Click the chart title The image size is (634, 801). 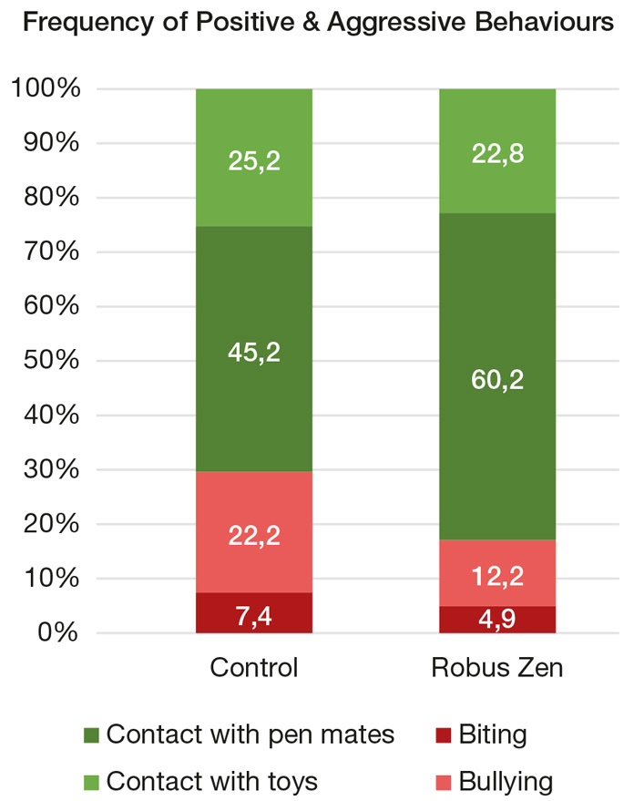click(x=317, y=25)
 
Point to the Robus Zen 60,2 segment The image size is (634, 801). click(x=497, y=376)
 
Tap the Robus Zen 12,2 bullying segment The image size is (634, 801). click(x=497, y=573)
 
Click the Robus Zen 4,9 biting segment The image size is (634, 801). click(x=497, y=620)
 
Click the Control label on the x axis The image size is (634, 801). click(x=254, y=668)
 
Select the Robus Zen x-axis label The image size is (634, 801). click(x=497, y=668)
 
